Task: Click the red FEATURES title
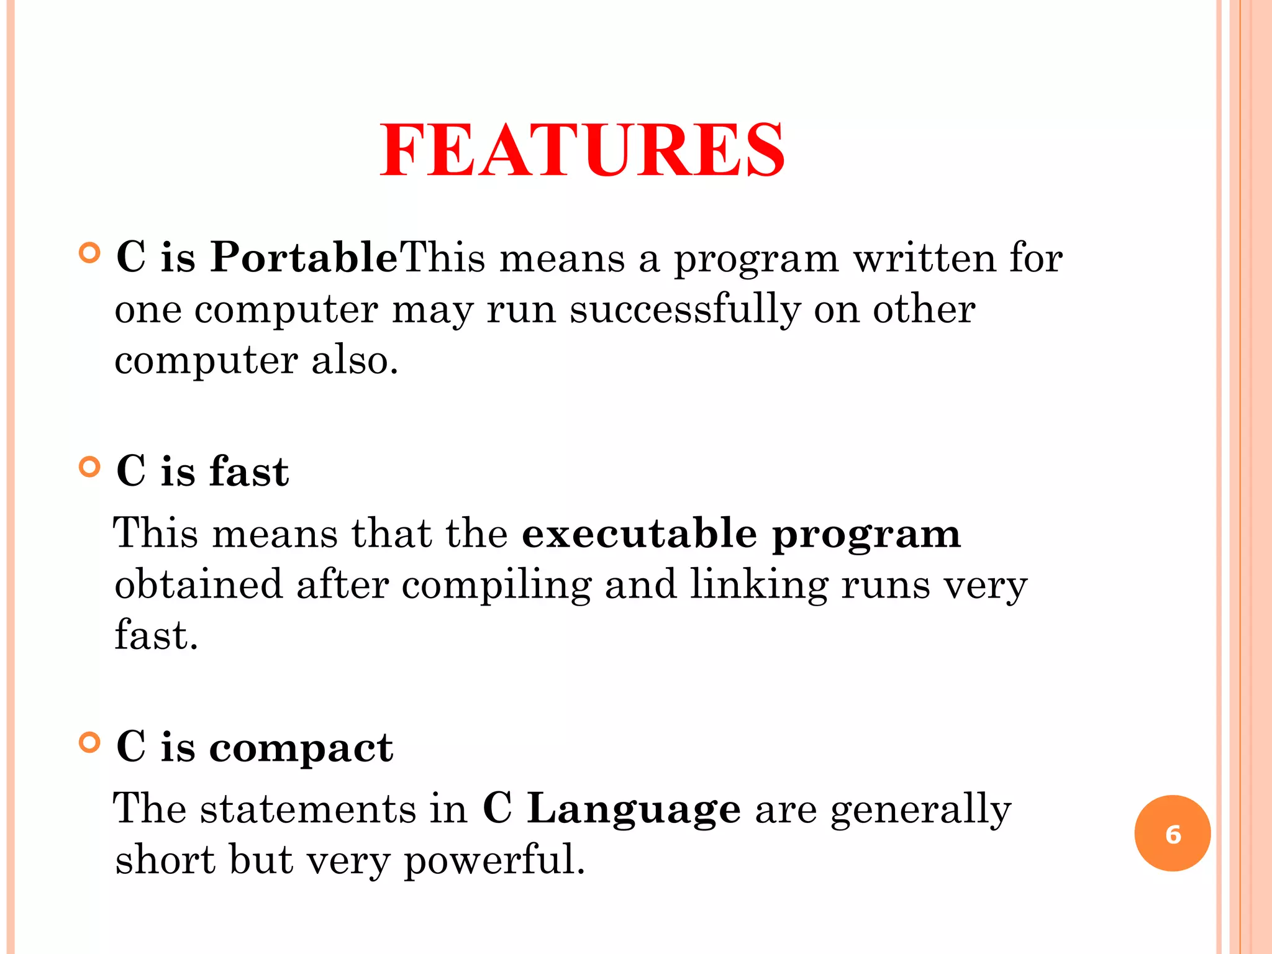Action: pyautogui.click(x=583, y=150)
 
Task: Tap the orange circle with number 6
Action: pyautogui.click(x=1172, y=834)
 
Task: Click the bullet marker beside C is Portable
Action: pyautogui.click(x=90, y=253)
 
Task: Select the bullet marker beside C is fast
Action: pyautogui.click(x=90, y=466)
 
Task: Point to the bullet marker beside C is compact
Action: pyautogui.click(x=90, y=742)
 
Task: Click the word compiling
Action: pyautogui.click(x=496, y=585)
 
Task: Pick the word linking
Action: pyautogui.click(x=759, y=585)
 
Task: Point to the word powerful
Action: pyautogui.click(x=494, y=860)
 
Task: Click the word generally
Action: pyautogui.click(x=920, y=810)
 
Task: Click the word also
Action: pyautogui.click(x=354, y=360)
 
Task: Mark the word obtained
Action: pyautogui.click(x=199, y=585)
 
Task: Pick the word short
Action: pyautogui.click(x=165, y=860)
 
